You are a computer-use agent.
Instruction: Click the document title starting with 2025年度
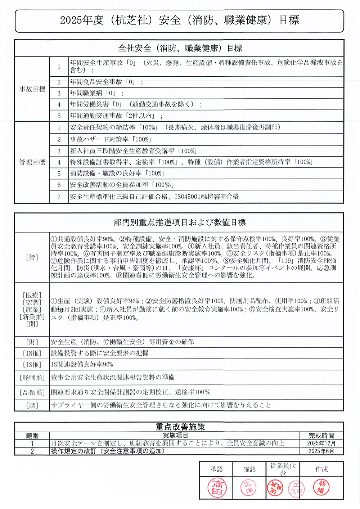(x=179, y=20)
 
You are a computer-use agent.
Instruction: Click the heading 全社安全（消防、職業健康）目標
(x=180, y=48)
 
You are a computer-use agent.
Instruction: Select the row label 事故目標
(x=32, y=89)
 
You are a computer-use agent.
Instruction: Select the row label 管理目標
(x=32, y=162)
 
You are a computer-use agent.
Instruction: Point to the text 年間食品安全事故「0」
(x=106, y=82)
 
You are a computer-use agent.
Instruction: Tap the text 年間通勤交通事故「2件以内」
(x=116, y=116)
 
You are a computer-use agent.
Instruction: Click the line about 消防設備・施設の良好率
(x=117, y=174)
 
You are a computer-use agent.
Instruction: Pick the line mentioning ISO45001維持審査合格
(x=154, y=197)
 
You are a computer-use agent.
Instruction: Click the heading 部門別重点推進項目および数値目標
(x=179, y=222)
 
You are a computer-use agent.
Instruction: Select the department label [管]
(x=32, y=257)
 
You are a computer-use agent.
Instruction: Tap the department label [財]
(x=32, y=342)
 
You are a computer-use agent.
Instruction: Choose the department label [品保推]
(x=32, y=392)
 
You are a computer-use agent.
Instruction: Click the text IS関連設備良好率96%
(x=82, y=365)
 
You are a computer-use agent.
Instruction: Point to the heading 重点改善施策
(x=180, y=427)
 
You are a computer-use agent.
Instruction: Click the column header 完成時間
(x=321, y=436)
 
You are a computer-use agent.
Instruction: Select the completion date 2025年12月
(x=321, y=443)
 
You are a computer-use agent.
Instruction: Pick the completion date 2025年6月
(x=321, y=451)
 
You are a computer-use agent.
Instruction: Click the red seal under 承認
(x=217, y=488)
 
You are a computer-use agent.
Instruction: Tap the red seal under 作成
(x=321, y=488)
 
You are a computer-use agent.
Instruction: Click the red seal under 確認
(x=249, y=488)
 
